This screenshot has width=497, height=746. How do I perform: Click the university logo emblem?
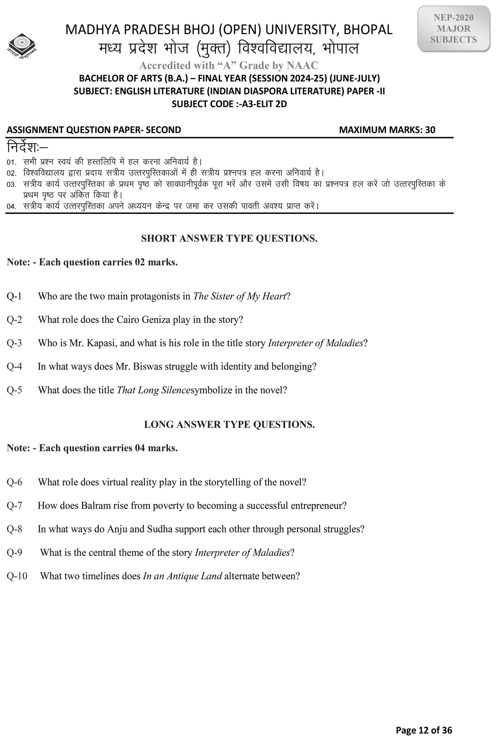22,46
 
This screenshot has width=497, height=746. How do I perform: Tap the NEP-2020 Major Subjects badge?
453,29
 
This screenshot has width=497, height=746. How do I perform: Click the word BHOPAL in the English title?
368,30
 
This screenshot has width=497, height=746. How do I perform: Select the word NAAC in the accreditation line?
303,65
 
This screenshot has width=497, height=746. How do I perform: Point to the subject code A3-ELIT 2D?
264,104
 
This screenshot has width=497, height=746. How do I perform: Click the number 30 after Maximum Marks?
430,130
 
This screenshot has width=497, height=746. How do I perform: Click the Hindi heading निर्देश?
27,147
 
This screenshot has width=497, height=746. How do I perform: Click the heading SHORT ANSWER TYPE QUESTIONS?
229,238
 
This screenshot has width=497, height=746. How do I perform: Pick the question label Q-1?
14,296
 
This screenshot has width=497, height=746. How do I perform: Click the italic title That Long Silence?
153,390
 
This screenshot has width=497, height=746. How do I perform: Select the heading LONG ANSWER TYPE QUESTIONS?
229,424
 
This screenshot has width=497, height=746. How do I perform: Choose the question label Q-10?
17,576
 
